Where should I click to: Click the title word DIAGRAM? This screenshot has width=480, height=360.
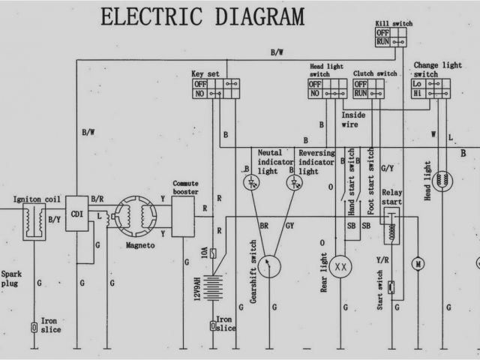(256, 16)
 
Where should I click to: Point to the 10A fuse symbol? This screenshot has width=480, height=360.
(215, 253)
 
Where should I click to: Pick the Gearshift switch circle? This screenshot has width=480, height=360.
(274, 264)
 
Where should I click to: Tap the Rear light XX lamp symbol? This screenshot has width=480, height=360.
(341, 266)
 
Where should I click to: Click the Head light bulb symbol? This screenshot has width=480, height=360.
(445, 180)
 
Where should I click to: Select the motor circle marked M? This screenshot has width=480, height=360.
(418, 263)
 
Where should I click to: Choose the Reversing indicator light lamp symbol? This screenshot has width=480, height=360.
(292, 183)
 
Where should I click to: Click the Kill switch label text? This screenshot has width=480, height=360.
(392, 24)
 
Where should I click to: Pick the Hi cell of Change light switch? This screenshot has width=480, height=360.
(417, 94)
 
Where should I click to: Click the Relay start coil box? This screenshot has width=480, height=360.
(390, 225)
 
